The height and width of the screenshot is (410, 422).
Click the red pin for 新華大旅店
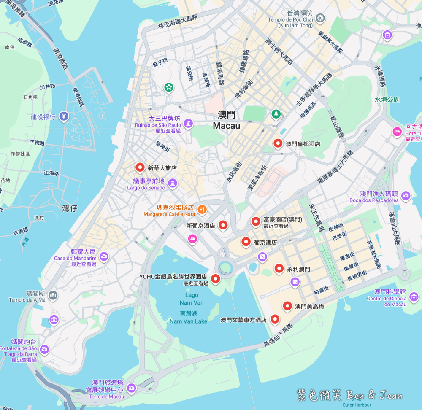[140, 167]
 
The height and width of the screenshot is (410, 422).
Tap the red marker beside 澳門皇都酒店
[278, 143]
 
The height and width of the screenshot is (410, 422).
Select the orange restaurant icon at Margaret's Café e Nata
[203, 208]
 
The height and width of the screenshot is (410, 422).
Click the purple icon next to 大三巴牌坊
[189, 123]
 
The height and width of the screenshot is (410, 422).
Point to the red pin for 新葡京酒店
[223, 225]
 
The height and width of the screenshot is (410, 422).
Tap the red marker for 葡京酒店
[246, 241]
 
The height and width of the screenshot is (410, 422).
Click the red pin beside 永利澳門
[279, 268]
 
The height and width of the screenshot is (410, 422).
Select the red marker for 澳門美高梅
[287, 306]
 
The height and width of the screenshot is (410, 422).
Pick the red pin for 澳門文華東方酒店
[275, 319]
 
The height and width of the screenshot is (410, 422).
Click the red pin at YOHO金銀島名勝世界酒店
[216, 278]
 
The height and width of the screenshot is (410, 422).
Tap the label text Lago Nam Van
[192, 299]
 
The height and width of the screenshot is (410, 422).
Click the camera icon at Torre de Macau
[132, 387]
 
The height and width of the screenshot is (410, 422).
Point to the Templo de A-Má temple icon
[52, 294]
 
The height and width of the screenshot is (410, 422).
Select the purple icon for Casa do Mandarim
[104, 256]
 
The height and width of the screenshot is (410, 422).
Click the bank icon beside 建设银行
[63, 116]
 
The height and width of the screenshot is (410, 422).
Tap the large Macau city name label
[227, 121]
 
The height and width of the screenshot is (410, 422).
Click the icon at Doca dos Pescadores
[406, 195]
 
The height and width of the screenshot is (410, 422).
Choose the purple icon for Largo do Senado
[172, 183]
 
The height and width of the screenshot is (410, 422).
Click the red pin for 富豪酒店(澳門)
[255, 221]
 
